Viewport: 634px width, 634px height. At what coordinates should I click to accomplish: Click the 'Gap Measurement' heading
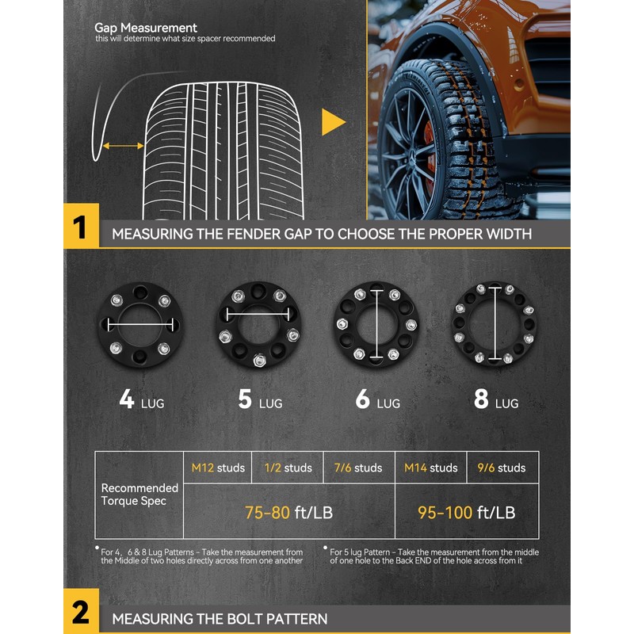[x=146, y=29]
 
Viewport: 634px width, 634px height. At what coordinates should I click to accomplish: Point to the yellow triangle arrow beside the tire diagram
[x=334, y=123]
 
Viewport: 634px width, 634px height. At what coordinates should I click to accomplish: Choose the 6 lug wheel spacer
[x=374, y=326]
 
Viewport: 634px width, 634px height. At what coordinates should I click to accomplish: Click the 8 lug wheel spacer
[x=493, y=325]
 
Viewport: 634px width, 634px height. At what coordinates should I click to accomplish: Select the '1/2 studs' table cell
[x=288, y=468]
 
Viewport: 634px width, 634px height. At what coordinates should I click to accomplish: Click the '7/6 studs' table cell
[x=359, y=468]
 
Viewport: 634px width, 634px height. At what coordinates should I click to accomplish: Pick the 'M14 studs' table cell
[x=430, y=468]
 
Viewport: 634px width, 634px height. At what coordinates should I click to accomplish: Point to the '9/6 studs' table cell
[x=502, y=468]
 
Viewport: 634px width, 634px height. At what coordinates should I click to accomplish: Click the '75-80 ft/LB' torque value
[x=288, y=512]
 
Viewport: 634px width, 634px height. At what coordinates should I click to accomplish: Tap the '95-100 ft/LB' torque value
[x=467, y=512]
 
